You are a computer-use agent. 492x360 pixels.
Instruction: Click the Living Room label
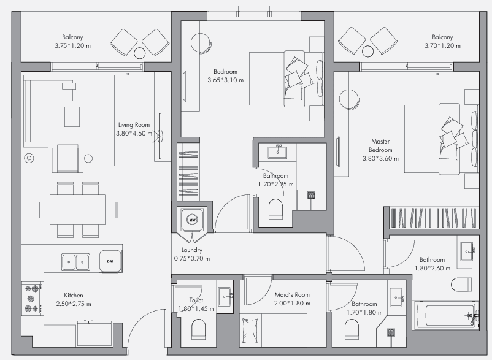[134, 125]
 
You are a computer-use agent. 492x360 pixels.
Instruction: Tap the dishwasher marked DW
[110, 261]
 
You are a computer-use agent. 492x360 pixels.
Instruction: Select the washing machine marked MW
[192, 220]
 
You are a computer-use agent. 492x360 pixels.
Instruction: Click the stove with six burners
[32, 299]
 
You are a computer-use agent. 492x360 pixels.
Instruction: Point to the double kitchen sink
[75, 262]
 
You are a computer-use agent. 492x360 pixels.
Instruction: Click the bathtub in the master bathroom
[445, 315]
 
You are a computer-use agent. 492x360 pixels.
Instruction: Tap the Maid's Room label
[292, 295]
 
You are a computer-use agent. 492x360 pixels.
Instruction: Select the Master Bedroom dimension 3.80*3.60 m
[380, 159]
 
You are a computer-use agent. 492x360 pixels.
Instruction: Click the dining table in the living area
[77, 210]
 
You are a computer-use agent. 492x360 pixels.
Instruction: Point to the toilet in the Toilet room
[198, 329]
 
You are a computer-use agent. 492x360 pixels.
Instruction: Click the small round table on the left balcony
[140, 53]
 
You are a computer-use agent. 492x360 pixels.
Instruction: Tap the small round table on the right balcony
[367, 52]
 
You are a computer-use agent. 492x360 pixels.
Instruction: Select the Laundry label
[192, 250]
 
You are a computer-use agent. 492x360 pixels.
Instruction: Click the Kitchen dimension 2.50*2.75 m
[74, 304]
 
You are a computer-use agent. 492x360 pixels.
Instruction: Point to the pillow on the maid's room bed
[250, 331]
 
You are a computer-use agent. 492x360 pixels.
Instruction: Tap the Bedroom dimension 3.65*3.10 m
[225, 80]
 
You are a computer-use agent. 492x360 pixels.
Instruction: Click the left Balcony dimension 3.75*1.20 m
[72, 46]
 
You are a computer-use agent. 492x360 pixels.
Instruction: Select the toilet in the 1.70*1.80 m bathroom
[352, 329]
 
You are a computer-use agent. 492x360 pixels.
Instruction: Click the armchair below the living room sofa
[67, 158]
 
